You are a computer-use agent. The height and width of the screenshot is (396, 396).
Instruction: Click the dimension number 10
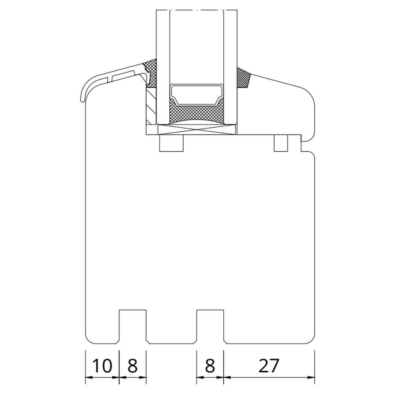click(102, 366)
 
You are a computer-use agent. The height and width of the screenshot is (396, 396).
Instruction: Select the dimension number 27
click(269, 366)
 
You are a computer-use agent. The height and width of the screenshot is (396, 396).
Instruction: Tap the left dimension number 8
click(133, 366)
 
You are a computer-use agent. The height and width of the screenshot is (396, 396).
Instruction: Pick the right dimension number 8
click(210, 366)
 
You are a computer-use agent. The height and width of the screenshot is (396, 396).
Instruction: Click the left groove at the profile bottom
click(133, 326)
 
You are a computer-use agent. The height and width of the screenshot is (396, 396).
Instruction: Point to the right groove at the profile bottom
click(210, 326)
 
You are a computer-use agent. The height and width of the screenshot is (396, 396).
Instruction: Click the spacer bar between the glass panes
click(197, 95)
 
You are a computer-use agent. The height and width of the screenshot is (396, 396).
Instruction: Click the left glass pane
click(163, 67)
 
